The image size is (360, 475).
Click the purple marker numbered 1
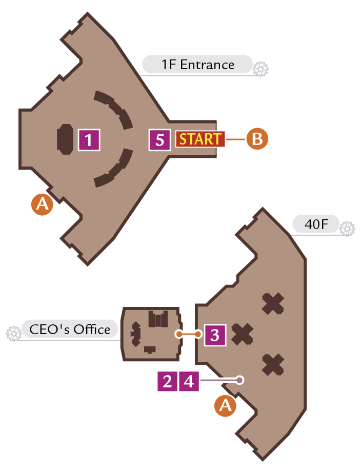[x=89, y=140]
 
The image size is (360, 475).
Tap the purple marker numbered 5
[x=159, y=140]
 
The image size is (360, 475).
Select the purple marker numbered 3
[x=215, y=335]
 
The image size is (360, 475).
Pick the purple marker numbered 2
[x=167, y=381]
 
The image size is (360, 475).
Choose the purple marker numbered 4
[x=189, y=381]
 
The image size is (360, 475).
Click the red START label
[x=200, y=139]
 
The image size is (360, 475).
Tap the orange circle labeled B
[x=257, y=139]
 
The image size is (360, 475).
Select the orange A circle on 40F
[x=225, y=405]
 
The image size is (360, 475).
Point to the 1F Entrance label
[x=197, y=65]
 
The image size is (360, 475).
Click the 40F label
[x=316, y=224]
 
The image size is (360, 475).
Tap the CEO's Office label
[x=70, y=329]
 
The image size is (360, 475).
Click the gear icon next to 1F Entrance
[x=261, y=69]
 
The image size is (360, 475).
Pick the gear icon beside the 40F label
[x=347, y=229]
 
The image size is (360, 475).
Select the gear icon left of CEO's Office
[x=14, y=334]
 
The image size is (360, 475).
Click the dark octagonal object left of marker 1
[x=65, y=139]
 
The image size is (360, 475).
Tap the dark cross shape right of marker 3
[x=243, y=334]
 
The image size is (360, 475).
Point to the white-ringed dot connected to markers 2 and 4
[x=239, y=380]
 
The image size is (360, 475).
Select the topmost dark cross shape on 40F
[x=273, y=303]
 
